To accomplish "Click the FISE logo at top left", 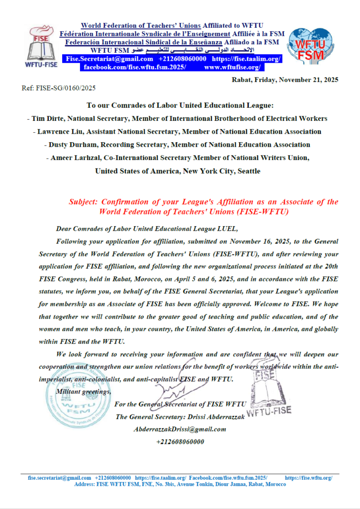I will tap(43, 45).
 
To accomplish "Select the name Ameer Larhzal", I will tap(76, 158).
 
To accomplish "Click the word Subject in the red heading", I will tap(84, 202).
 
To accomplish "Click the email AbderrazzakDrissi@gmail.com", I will tap(180, 429).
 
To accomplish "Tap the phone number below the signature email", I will tap(180, 441).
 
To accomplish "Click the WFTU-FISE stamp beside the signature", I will tap(269, 395).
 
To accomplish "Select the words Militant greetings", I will tap(83, 392).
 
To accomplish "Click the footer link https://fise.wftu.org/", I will tap(308, 478).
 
